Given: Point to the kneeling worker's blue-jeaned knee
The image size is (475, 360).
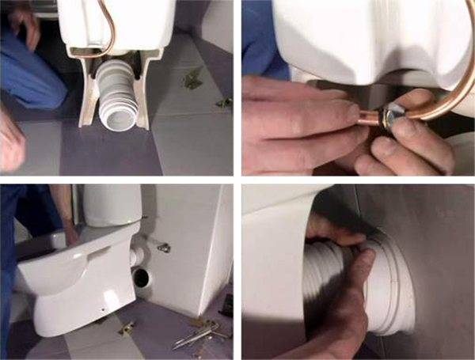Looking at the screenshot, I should pyautogui.click(x=32, y=83).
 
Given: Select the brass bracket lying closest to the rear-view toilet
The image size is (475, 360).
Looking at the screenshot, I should pyautogui.click(x=192, y=78).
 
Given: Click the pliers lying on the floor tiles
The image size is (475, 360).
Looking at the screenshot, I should pyautogui.click(x=194, y=335).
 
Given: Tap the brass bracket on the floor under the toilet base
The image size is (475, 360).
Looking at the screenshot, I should pyautogui.click(x=127, y=325).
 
